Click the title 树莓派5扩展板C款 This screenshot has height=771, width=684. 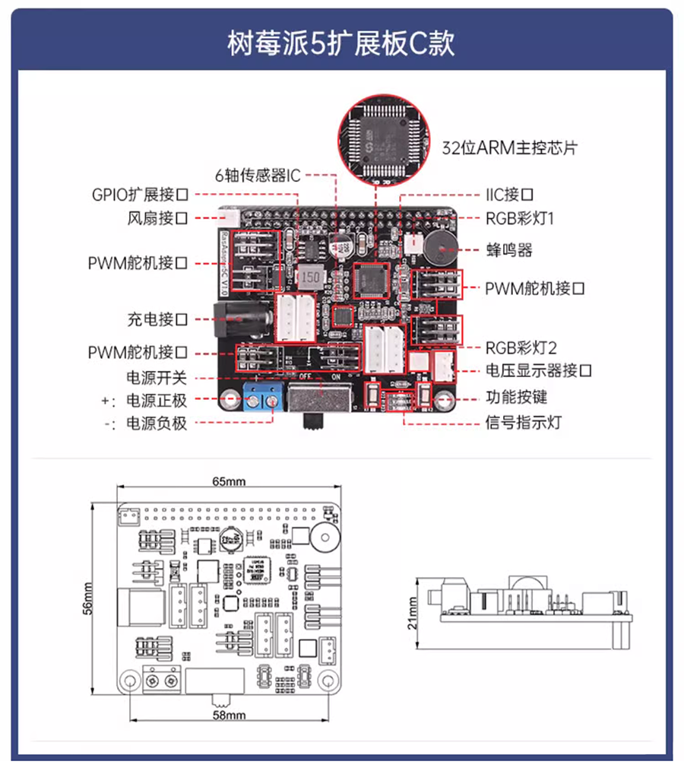(x=341, y=43)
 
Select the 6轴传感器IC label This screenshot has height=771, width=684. (x=258, y=176)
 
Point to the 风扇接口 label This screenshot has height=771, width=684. (x=157, y=219)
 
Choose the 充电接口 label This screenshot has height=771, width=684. (x=157, y=319)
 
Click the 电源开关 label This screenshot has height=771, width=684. (x=157, y=377)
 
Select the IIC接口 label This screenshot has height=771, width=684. (x=510, y=195)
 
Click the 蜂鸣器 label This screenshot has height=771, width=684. (x=508, y=249)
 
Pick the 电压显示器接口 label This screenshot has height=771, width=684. (x=538, y=371)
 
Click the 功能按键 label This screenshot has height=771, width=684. (x=516, y=397)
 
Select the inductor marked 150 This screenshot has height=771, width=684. (x=310, y=278)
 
